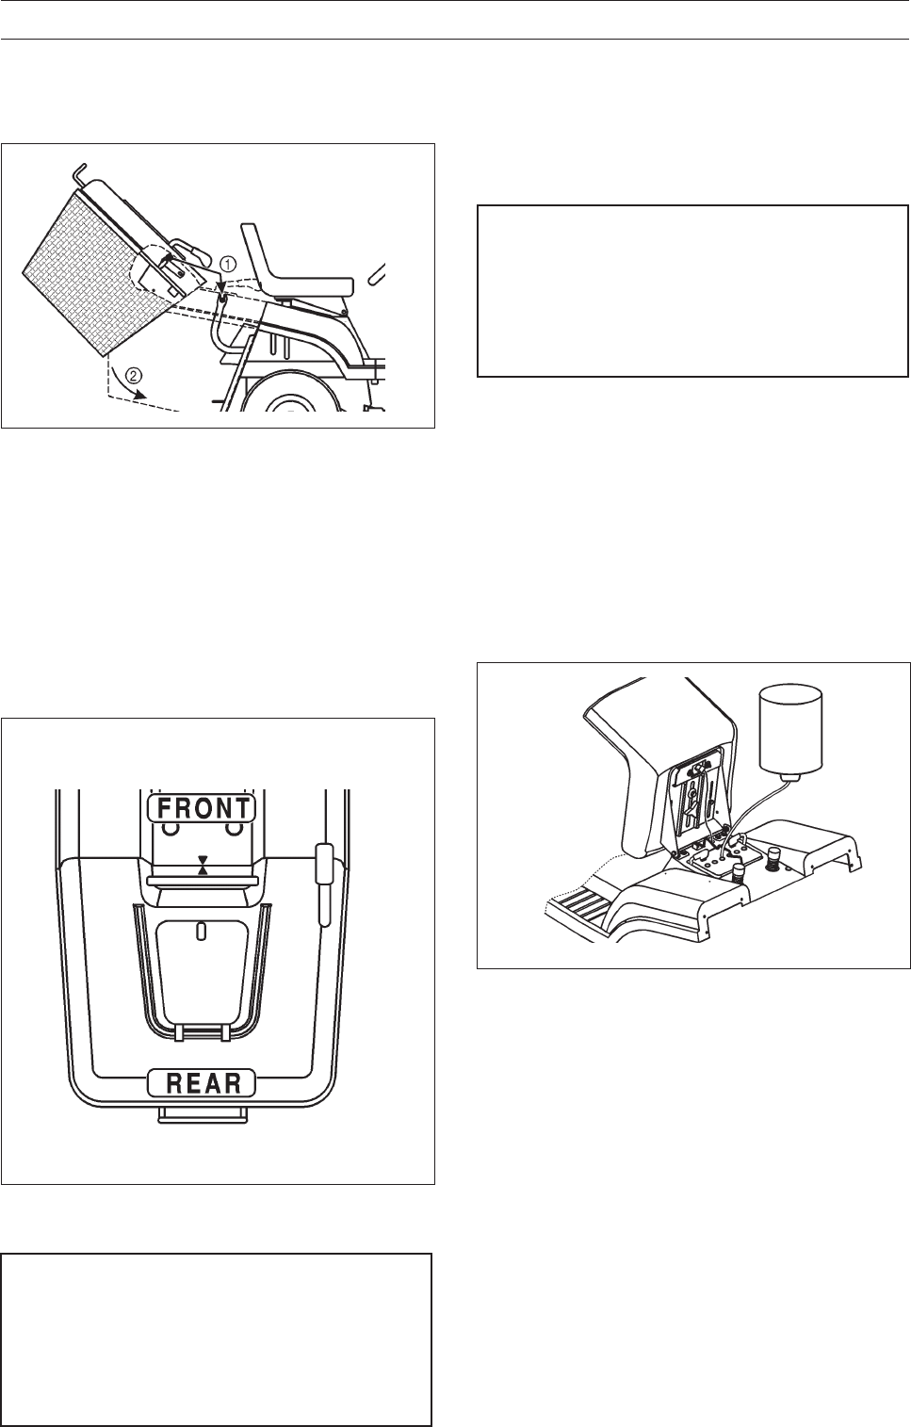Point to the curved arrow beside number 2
(x=118, y=385)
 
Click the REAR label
(x=202, y=1083)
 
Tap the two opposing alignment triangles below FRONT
(x=202, y=866)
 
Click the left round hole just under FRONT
(x=171, y=829)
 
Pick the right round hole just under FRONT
(x=232, y=829)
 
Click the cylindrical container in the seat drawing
(x=791, y=729)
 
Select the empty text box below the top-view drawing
(x=217, y=1338)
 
